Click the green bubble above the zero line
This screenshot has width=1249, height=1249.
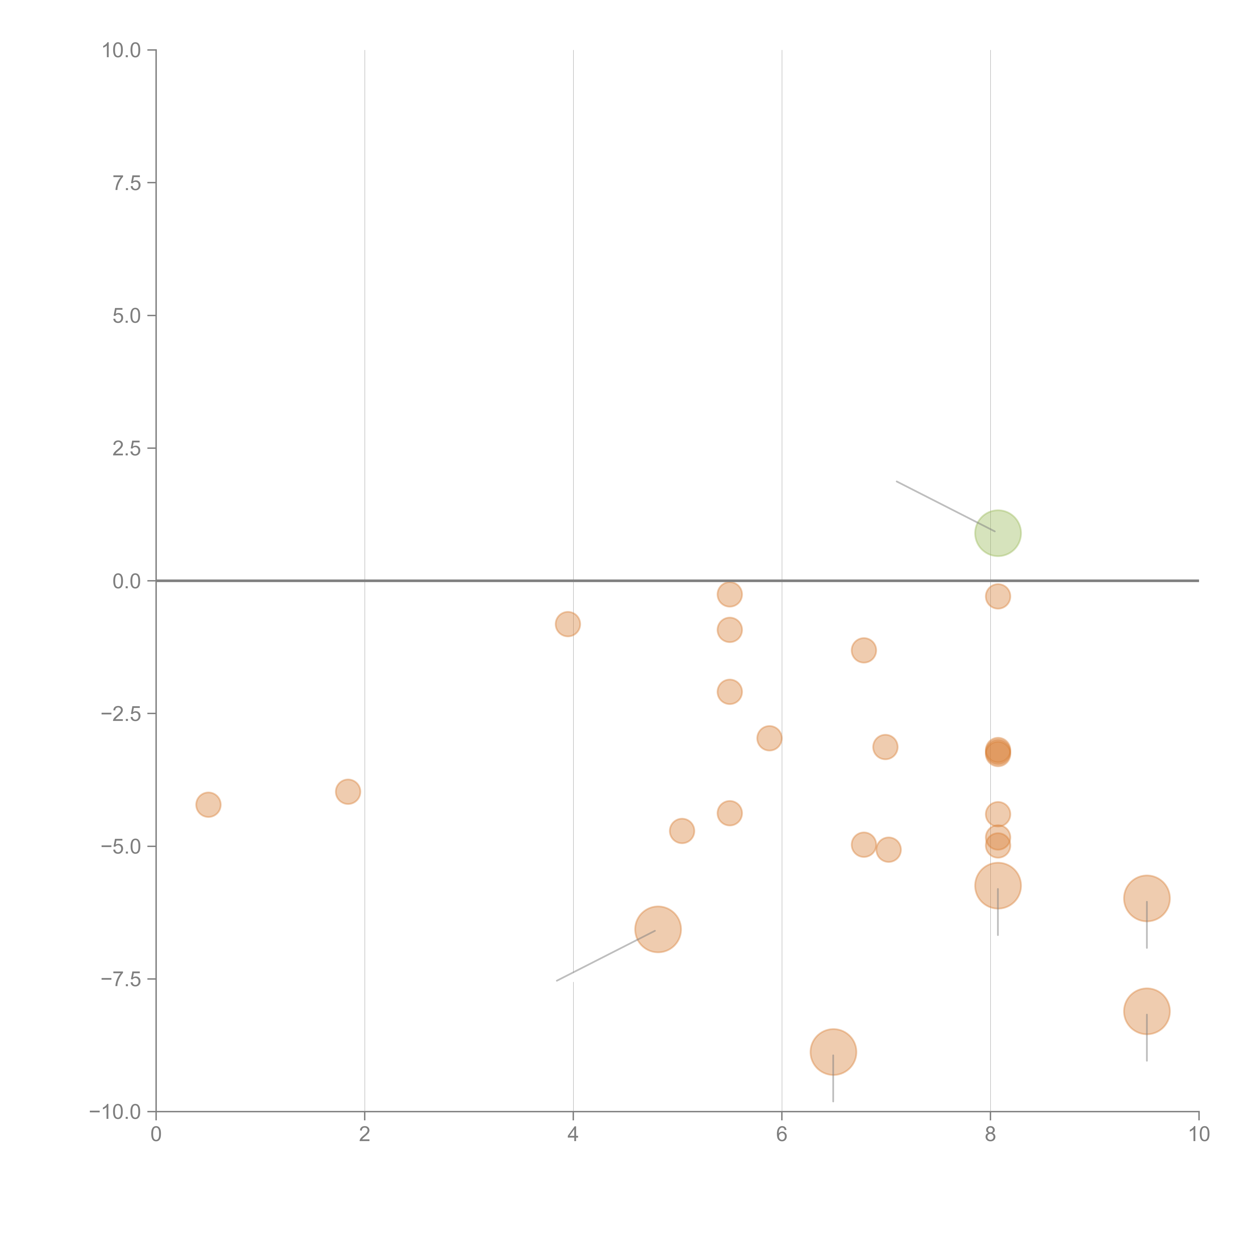pyautogui.click(x=997, y=533)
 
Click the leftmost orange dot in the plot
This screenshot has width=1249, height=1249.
pyautogui.click(x=208, y=804)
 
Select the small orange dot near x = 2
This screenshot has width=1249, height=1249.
pyautogui.click(x=348, y=791)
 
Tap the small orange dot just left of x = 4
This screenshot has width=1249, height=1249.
pyautogui.click(x=568, y=624)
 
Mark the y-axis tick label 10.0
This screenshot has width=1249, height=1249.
pyautogui.click(x=122, y=50)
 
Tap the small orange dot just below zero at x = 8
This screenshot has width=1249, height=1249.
pyautogui.click(x=997, y=596)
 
